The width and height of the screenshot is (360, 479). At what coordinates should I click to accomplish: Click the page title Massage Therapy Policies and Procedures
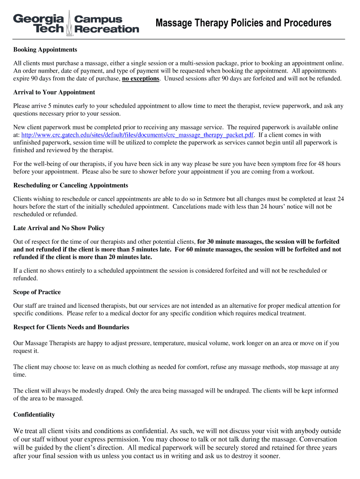tap(243, 23)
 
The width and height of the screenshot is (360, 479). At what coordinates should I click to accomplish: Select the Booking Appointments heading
tap(45, 50)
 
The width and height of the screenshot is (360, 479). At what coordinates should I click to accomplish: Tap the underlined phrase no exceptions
tap(141, 79)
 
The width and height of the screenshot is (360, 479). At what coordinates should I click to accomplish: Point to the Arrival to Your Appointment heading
tap(54, 92)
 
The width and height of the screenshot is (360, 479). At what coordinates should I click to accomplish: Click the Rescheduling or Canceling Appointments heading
tap(71, 185)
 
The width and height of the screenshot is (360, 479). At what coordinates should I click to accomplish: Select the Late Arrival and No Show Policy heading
tap(59, 228)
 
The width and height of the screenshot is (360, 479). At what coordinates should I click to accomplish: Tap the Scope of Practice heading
tap(37, 292)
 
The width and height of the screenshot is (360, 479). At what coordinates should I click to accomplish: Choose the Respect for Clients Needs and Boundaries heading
tap(71, 327)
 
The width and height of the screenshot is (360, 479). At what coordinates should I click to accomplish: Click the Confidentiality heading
tap(34, 414)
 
